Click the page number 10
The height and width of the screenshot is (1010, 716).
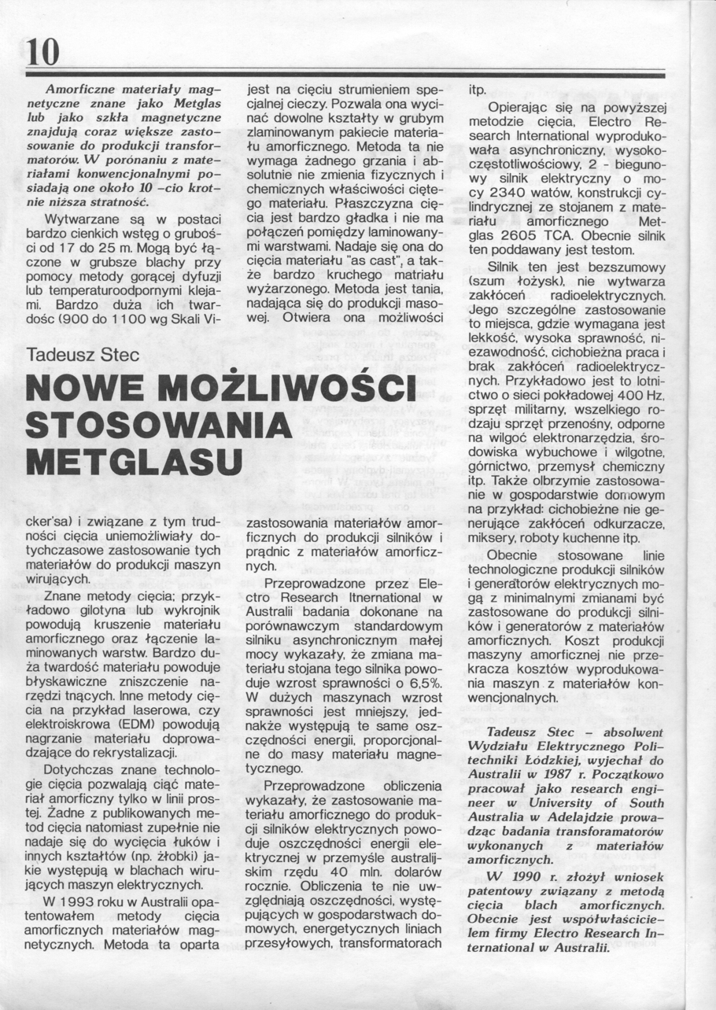(x=42, y=52)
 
